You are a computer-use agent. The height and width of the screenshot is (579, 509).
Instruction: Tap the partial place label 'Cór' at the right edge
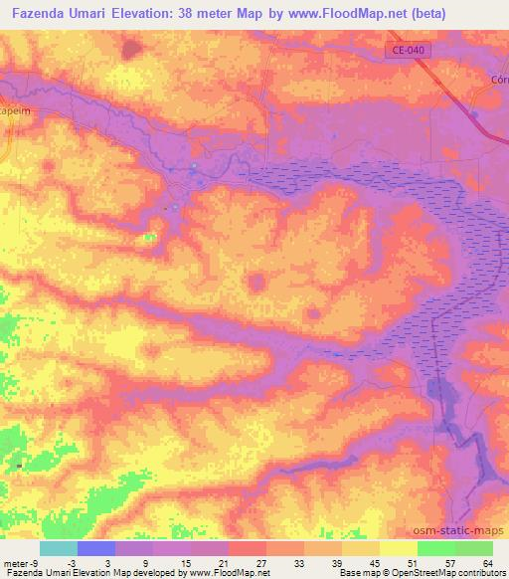499,81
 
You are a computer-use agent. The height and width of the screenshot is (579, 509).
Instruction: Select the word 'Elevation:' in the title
145,13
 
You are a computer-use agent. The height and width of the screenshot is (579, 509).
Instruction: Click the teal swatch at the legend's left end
59,548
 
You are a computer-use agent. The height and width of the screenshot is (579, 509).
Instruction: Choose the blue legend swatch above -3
96,548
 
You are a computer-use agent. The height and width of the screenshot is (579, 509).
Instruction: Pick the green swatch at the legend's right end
473,548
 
